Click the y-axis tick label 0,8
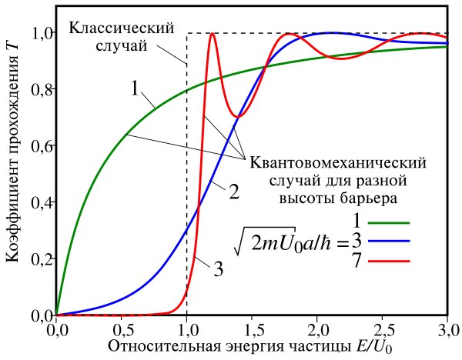pyautogui.click(x=39, y=90)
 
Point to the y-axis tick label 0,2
pyautogui.click(x=39, y=259)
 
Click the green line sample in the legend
pyautogui.click(x=390, y=223)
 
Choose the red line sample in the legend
pyautogui.click(x=390, y=261)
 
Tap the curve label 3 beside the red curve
pyautogui.click(x=218, y=268)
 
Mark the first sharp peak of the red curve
pyautogui.click(x=212, y=34)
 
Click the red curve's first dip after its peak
pyautogui.click(x=239, y=116)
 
